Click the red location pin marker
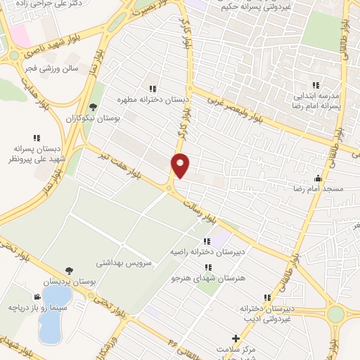coord(181,165)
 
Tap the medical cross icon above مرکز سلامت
coord(236,339)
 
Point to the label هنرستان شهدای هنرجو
coord(208,278)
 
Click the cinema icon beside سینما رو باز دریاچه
coord(37,297)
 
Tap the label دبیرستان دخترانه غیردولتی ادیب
coord(266,314)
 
